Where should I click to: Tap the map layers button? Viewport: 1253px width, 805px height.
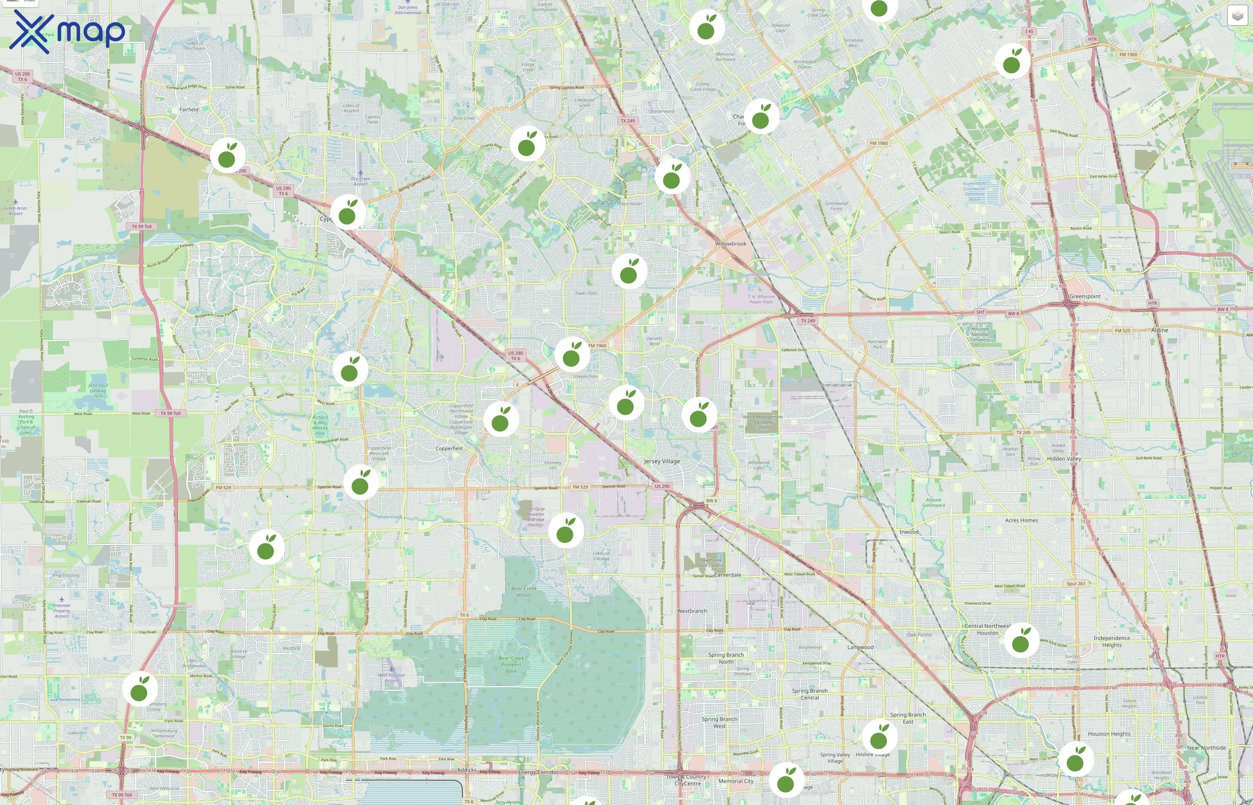click(1237, 16)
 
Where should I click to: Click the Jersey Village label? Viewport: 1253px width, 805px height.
click(661, 461)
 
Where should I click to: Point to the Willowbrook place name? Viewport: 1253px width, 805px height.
click(731, 244)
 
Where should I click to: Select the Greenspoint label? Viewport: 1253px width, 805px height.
click(1085, 297)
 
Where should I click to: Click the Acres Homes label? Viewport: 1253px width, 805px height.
click(1021, 520)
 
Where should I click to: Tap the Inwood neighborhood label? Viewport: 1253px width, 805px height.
click(909, 532)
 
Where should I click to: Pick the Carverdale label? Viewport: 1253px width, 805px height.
click(728, 575)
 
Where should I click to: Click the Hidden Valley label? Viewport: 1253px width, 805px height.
click(1064, 458)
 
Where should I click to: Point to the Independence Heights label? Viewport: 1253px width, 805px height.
click(1111, 641)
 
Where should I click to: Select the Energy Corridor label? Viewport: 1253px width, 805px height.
click(538, 772)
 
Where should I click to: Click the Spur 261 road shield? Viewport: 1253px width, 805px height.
click(1076, 583)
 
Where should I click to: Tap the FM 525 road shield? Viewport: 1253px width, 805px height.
click(1122, 330)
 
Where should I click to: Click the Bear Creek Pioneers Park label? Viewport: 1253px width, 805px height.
click(511, 665)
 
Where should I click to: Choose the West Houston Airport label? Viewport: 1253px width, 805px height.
click(391, 678)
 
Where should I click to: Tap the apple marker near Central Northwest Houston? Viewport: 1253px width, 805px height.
click(1021, 640)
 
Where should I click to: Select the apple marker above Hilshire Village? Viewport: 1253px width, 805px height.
click(879, 737)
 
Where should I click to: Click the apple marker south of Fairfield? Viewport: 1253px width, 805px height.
click(227, 155)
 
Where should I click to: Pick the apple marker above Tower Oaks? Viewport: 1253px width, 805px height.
click(629, 271)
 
